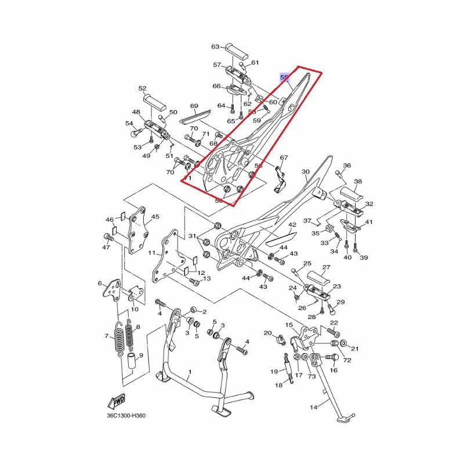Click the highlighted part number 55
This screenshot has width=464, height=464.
(284, 78)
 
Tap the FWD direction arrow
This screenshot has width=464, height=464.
(117, 401)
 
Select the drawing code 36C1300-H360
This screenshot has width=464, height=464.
(126, 416)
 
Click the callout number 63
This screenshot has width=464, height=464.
(215, 47)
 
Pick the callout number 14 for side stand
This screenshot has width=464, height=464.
(313, 408)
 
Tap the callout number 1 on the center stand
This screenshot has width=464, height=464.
(190, 372)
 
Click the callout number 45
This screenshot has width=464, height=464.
(155, 216)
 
